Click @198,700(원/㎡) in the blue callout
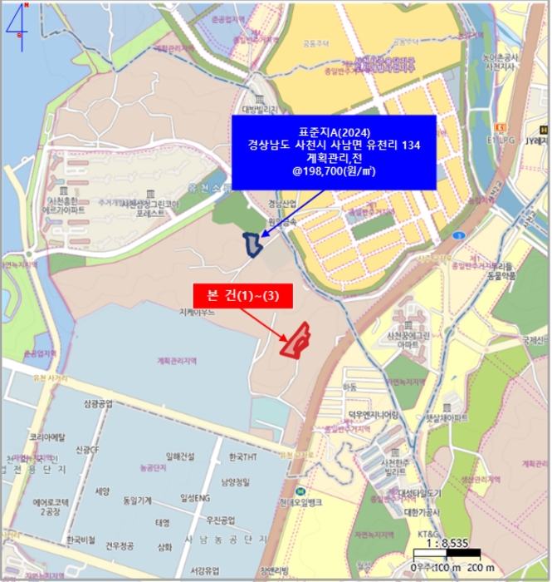coord(334,170)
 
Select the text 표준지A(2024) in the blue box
coord(334,131)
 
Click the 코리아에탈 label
coord(46,436)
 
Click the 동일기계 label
coord(137,501)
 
